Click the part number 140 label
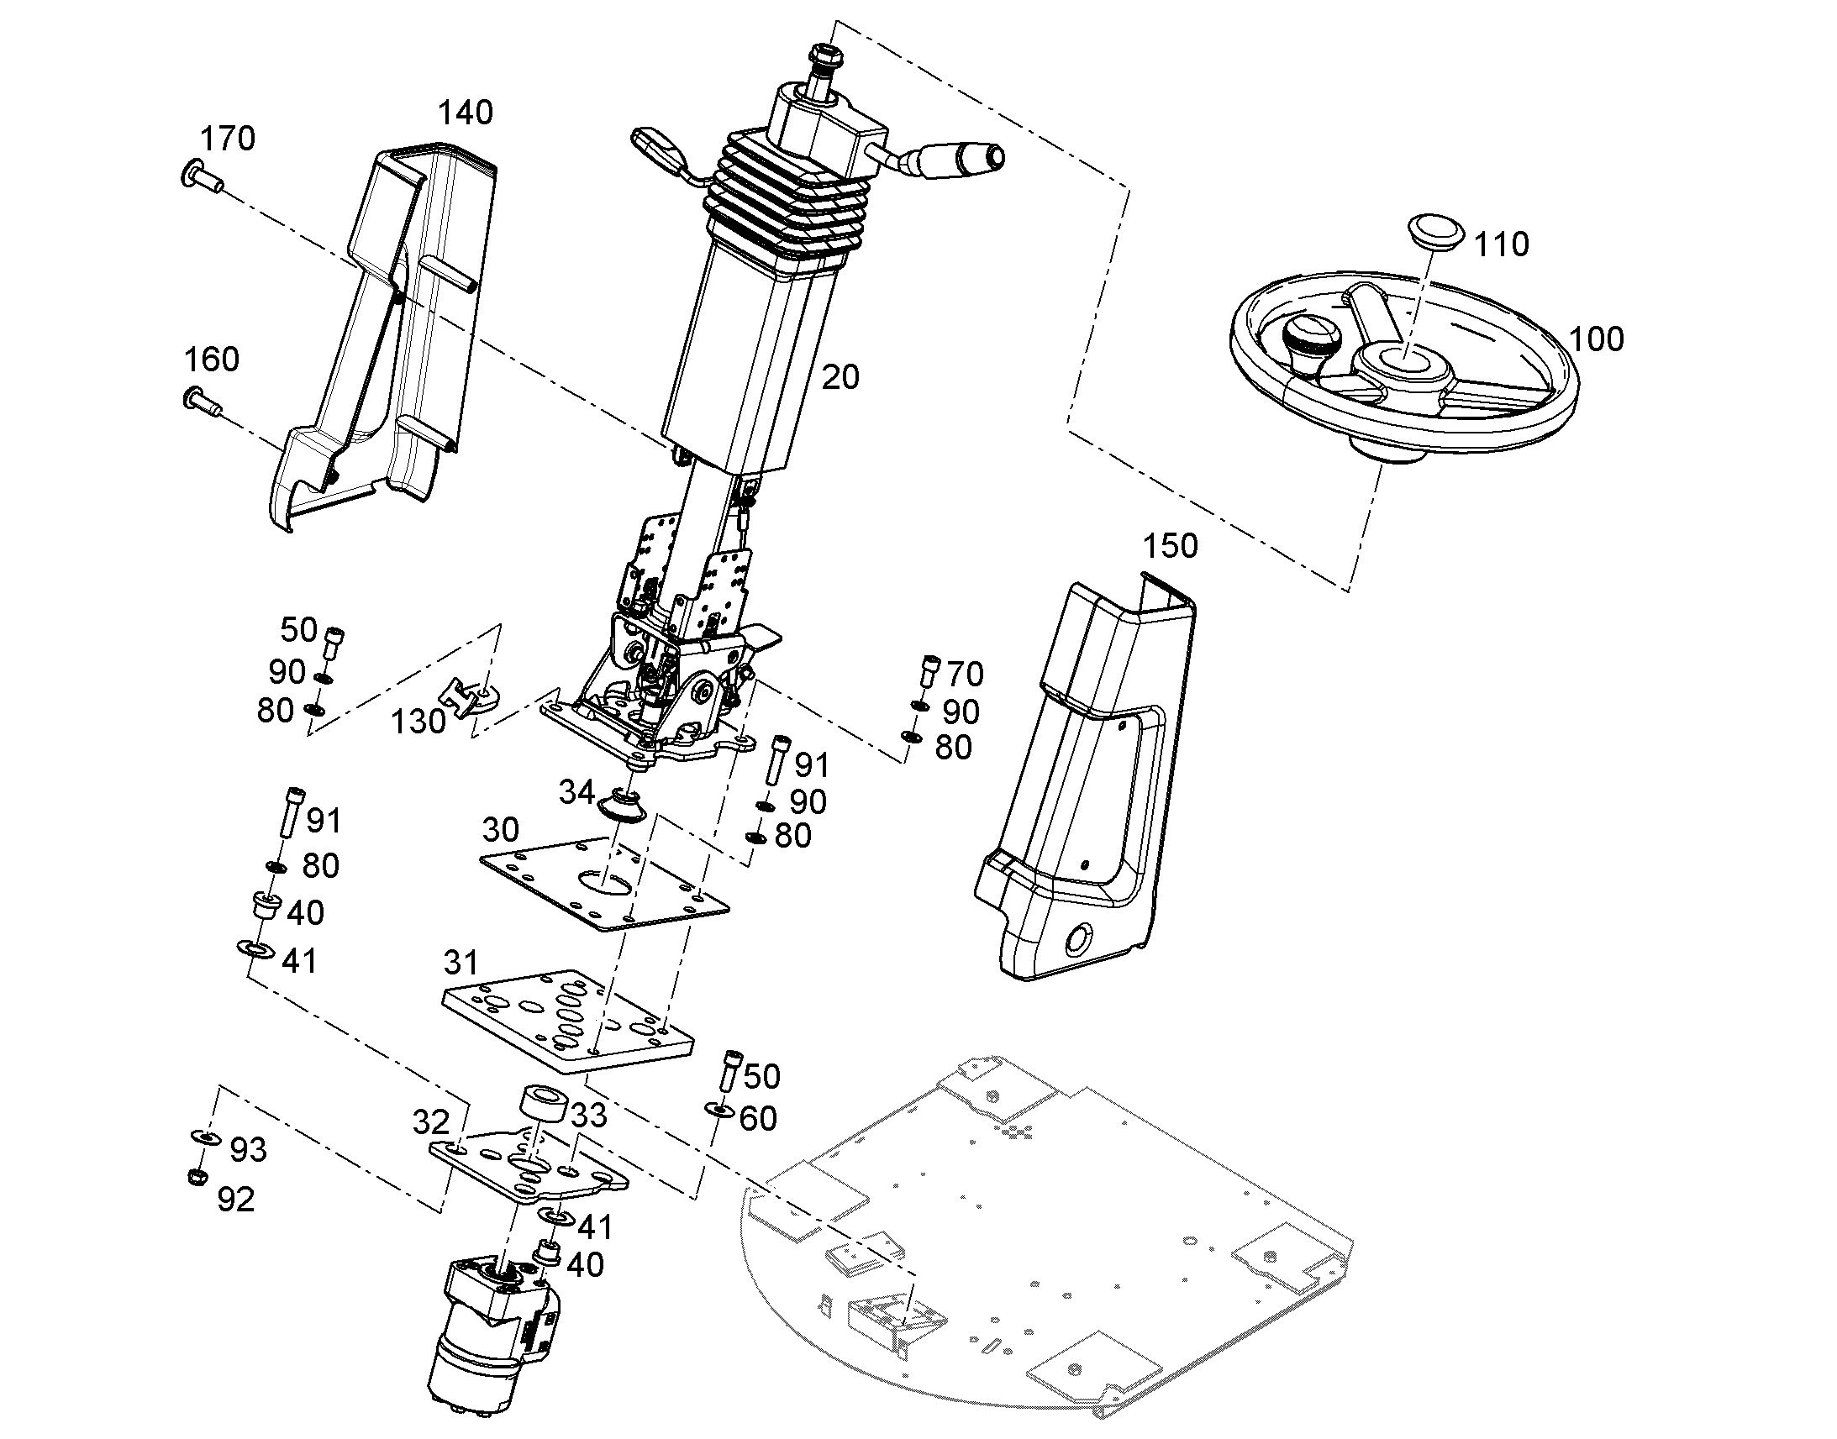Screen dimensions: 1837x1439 [x=466, y=113]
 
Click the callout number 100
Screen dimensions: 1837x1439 [x=1596, y=339]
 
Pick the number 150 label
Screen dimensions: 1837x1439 [x=1170, y=546]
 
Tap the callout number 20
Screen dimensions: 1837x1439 [x=840, y=377]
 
